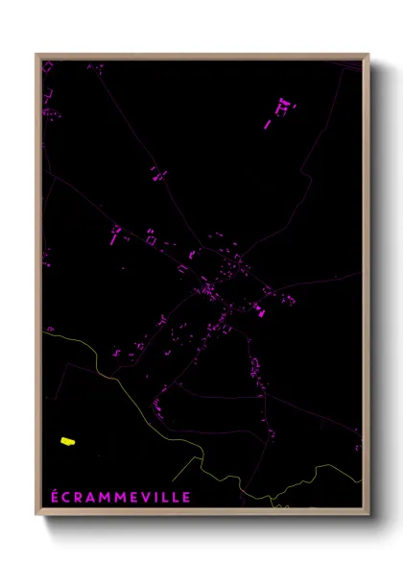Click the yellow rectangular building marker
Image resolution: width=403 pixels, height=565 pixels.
coord(67,441)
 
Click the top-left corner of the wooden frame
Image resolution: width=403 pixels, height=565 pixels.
coord(37,55)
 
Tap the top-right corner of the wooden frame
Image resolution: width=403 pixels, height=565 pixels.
coord(368,55)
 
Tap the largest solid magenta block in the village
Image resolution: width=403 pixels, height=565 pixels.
coord(257,309)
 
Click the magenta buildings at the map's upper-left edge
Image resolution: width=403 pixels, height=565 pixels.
coord(46,96)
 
